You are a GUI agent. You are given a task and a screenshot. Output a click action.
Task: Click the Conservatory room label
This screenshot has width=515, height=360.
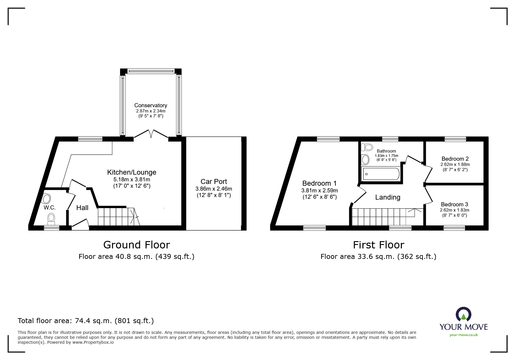pos(150,105)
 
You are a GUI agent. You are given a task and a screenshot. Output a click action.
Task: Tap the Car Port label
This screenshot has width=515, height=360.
pos(214,182)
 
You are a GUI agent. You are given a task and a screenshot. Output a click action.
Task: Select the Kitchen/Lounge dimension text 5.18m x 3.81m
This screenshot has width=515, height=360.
pos(132,180)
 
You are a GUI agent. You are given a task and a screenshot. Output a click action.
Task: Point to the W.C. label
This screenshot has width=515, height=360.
pos(50,208)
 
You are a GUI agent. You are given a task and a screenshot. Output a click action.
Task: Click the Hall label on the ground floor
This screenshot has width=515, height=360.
pos(82,208)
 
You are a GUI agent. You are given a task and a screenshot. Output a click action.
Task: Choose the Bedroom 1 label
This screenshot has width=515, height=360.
pos(319,183)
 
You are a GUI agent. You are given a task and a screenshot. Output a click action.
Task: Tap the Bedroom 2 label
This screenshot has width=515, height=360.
pos(455,159)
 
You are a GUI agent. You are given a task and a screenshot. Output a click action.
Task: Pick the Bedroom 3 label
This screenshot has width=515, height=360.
pos(454,205)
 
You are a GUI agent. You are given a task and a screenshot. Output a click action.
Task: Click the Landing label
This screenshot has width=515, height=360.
pos(388,197)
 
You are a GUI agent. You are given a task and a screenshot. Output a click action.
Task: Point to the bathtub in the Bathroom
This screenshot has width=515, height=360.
pos(380,174)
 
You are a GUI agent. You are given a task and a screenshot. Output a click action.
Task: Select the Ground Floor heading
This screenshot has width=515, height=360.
pos(136,245)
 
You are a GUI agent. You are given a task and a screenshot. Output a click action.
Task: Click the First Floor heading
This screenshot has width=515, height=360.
pos(378,245)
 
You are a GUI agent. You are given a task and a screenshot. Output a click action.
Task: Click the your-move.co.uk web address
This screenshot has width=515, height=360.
pos(463,335)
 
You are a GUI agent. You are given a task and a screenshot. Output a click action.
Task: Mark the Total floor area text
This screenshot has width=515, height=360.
pos(86,321)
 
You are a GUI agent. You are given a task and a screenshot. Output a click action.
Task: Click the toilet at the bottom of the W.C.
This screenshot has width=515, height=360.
pos(51,218)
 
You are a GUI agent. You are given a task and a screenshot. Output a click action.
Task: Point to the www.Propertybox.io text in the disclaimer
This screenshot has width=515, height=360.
pos(93,342)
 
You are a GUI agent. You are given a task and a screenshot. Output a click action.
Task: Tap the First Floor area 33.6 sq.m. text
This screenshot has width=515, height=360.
pos(378,257)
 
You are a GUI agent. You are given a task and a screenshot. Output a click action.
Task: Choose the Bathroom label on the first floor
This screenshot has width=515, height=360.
pos(386,151)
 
